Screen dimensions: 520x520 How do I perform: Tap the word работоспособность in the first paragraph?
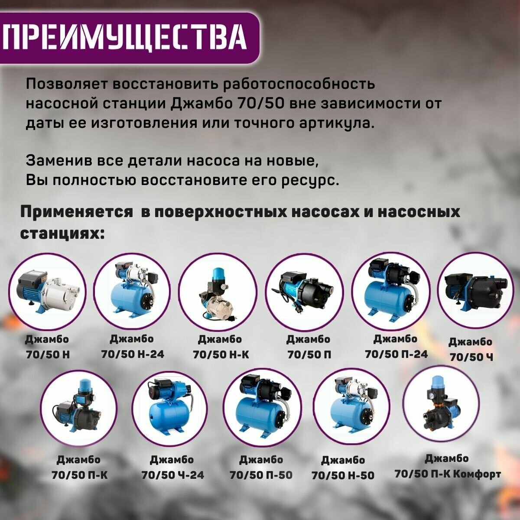(x=299, y=84)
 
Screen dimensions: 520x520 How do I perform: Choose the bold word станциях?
(x=62, y=233)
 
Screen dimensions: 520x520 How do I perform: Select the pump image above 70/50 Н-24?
(x=133, y=290)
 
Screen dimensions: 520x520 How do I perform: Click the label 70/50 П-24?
(x=396, y=354)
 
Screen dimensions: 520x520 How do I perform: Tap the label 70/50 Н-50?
(x=343, y=475)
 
